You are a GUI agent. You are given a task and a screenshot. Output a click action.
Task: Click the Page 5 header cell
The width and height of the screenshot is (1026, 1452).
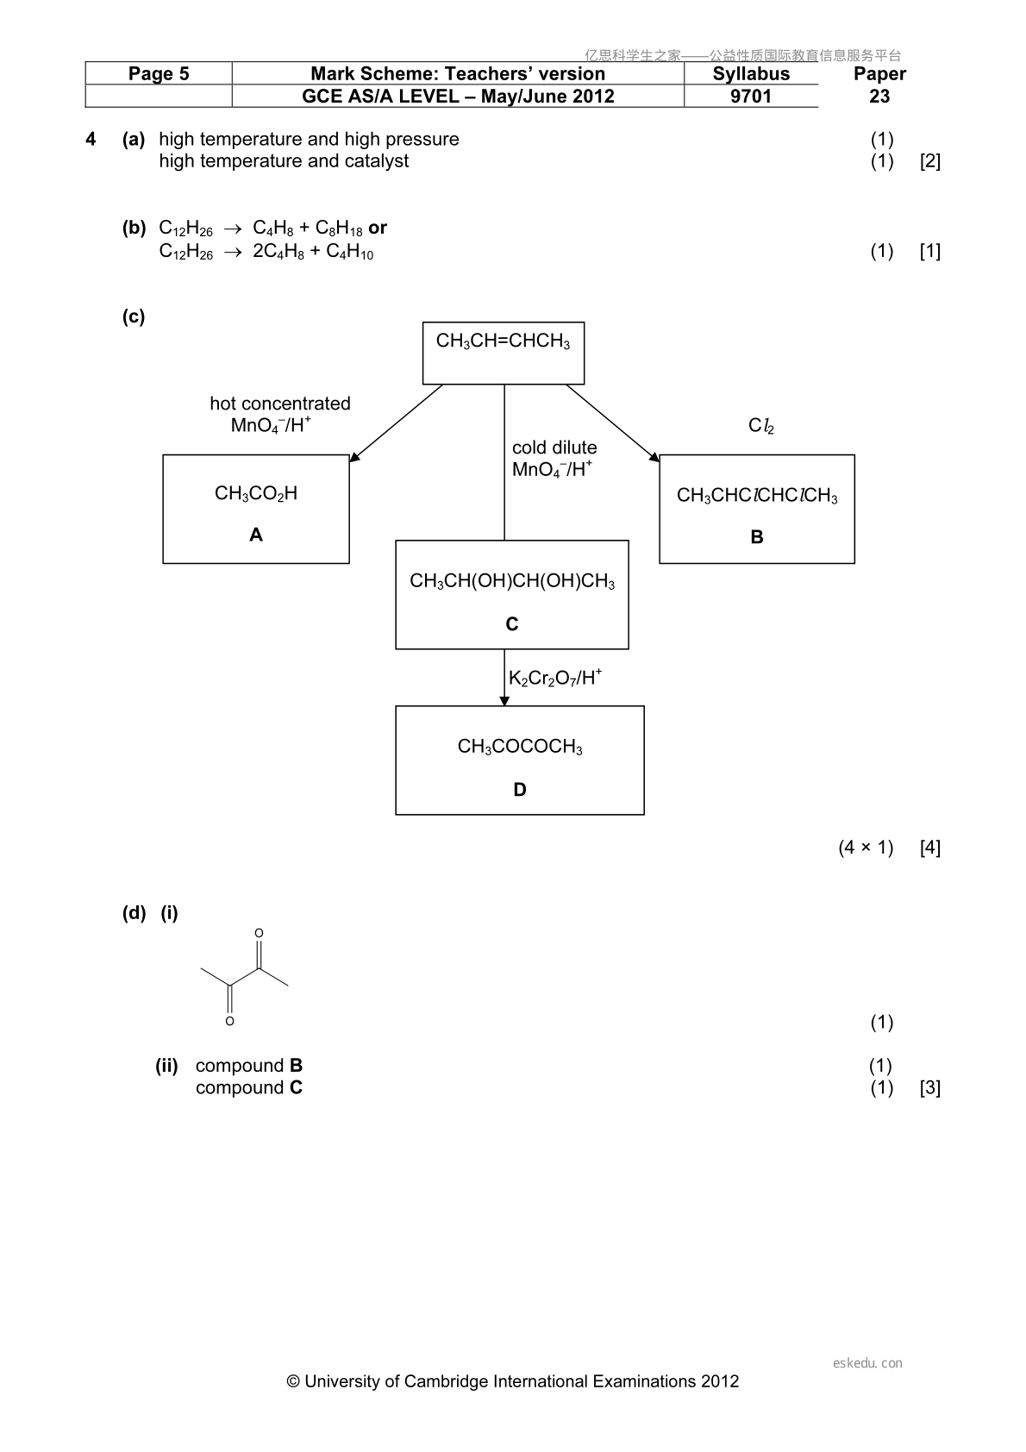158,73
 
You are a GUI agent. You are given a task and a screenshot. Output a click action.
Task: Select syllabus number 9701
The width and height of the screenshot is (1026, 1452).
751,96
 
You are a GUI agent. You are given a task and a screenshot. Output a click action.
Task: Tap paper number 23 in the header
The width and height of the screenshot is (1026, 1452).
879,96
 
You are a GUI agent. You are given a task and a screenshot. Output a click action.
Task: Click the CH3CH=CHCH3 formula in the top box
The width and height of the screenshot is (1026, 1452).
503,341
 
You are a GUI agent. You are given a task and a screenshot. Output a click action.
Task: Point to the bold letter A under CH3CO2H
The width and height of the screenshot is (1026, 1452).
256,535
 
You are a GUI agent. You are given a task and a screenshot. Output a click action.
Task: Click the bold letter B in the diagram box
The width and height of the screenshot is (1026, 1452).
756,536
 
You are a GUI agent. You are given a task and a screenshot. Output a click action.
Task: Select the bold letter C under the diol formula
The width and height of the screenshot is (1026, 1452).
511,623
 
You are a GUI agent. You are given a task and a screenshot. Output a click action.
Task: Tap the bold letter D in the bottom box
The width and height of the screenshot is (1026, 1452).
520,790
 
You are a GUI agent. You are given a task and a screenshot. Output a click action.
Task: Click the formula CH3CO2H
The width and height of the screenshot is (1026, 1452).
256,494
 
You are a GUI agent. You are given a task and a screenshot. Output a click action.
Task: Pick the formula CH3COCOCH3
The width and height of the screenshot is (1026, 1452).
520,747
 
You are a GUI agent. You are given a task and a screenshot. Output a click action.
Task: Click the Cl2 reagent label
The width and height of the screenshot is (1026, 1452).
761,425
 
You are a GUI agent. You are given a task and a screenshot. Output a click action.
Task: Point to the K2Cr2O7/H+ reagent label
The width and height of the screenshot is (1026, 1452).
554,678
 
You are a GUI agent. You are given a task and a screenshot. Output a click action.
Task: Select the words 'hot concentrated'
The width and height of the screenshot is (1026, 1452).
280,404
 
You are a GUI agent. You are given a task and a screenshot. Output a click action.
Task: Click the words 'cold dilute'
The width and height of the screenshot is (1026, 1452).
554,447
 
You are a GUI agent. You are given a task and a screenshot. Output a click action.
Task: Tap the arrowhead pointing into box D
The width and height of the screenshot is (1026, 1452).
504,701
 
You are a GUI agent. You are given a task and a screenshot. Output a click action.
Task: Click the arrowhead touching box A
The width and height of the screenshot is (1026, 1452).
353,457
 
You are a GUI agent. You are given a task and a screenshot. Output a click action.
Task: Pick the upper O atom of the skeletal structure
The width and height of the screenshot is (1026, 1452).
259,934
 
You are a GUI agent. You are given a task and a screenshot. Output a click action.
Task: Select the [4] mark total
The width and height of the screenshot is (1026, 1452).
929,848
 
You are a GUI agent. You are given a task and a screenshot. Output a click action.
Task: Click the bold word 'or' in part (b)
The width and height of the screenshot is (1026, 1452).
378,228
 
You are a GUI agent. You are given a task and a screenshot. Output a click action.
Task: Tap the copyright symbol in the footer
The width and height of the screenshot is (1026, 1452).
293,1381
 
